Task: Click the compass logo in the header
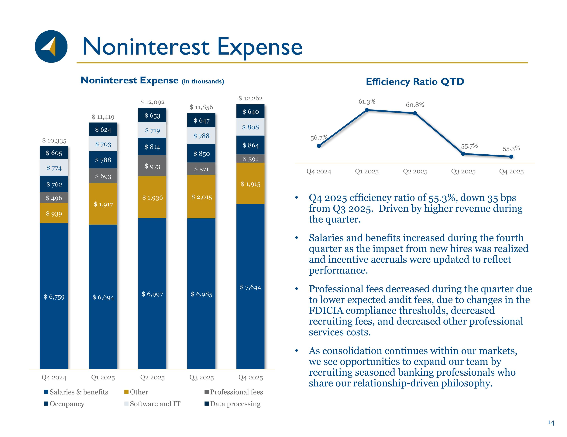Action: (x=51, y=46)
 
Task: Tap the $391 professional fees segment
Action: (x=250, y=159)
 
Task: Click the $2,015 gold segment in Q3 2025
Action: (x=201, y=197)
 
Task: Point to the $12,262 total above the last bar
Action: (x=250, y=98)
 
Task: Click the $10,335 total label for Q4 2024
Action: (x=54, y=141)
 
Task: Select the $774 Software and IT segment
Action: (x=54, y=168)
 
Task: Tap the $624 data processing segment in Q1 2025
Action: (x=103, y=129)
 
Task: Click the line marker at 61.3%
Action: (x=367, y=110)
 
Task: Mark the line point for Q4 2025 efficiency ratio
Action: (x=511, y=156)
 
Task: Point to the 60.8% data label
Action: (x=415, y=105)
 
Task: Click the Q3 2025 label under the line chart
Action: (x=463, y=171)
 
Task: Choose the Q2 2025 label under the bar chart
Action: (x=152, y=377)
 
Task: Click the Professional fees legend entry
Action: (x=236, y=392)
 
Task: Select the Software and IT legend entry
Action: (x=155, y=404)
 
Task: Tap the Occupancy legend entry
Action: (x=67, y=404)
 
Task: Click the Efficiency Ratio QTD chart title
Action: (x=415, y=82)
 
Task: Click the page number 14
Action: (x=551, y=423)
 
